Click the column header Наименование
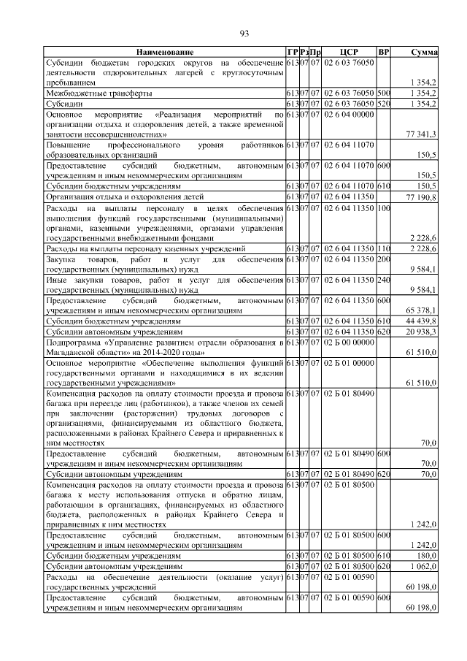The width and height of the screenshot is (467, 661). (x=164, y=53)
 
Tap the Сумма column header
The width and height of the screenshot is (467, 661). (x=424, y=53)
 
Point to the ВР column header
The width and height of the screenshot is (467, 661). (x=384, y=53)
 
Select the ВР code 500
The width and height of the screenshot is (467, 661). (x=384, y=93)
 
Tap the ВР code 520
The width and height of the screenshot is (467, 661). (x=384, y=104)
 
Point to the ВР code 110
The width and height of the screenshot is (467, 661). (x=384, y=249)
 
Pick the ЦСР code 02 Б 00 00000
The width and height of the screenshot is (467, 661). (x=349, y=342)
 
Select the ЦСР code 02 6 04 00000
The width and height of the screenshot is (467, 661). (x=349, y=115)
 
